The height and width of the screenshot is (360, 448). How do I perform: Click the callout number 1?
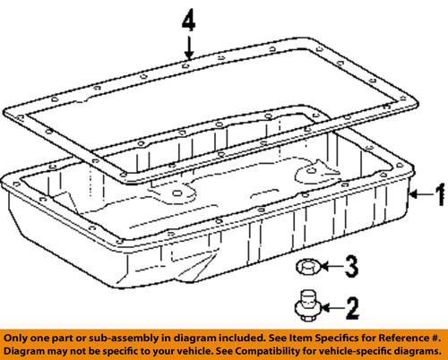point(440,194)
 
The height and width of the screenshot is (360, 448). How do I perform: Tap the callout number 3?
point(351,266)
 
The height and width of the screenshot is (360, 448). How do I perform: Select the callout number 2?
point(352,308)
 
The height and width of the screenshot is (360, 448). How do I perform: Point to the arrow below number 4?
point(188,47)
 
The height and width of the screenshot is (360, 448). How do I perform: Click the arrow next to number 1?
point(420,194)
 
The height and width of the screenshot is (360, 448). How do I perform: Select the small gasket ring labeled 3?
point(307,266)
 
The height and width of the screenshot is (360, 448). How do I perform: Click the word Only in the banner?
point(14,339)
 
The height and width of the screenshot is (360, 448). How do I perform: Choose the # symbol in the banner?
point(435,339)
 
